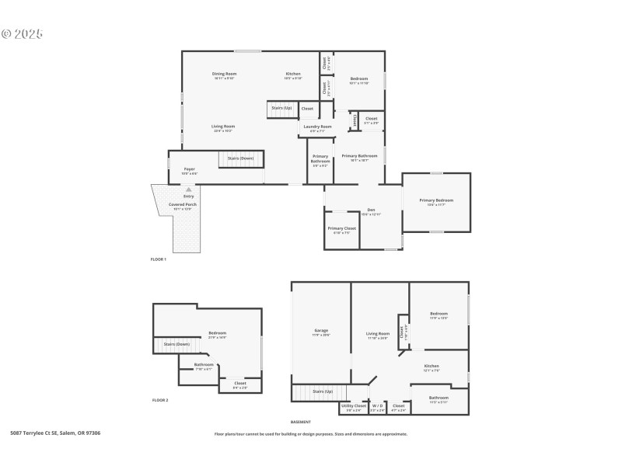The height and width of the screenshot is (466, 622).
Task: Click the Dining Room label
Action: (223, 74)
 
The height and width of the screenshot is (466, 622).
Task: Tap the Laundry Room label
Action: (317, 126)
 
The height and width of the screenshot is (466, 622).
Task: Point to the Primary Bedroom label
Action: (436, 200)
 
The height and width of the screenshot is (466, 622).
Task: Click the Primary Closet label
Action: (341, 228)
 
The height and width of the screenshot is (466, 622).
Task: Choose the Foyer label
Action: (189, 169)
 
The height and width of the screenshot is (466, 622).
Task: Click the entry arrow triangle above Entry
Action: (188, 189)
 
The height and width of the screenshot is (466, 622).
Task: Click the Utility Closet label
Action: (354, 405)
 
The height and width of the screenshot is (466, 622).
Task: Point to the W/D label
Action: (377, 405)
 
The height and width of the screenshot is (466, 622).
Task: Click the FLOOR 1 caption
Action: (159, 259)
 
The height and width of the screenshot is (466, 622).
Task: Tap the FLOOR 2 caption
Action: (160, 400)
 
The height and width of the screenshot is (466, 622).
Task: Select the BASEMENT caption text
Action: (301, 422)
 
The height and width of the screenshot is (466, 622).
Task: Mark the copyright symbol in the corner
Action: (6, 34)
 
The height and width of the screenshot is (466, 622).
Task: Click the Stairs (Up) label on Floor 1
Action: (281, 107)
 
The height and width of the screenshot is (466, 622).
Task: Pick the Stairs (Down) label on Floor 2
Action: (176, 343)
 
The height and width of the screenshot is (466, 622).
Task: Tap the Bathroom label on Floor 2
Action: (204, 363)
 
